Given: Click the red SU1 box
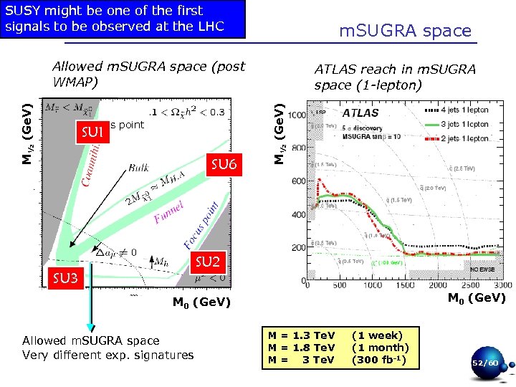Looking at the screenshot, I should (x=93, y=132).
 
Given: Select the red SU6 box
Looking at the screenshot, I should (x=224, y=166).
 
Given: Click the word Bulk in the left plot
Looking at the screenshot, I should (x=140, y=168).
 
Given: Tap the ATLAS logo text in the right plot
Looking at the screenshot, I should (x=364, y=113).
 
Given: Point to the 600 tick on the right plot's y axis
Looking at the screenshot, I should (x=298, y=181).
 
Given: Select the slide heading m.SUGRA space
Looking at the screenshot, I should (x=405, y=31).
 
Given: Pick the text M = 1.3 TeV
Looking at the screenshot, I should (x=301, y=335).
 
